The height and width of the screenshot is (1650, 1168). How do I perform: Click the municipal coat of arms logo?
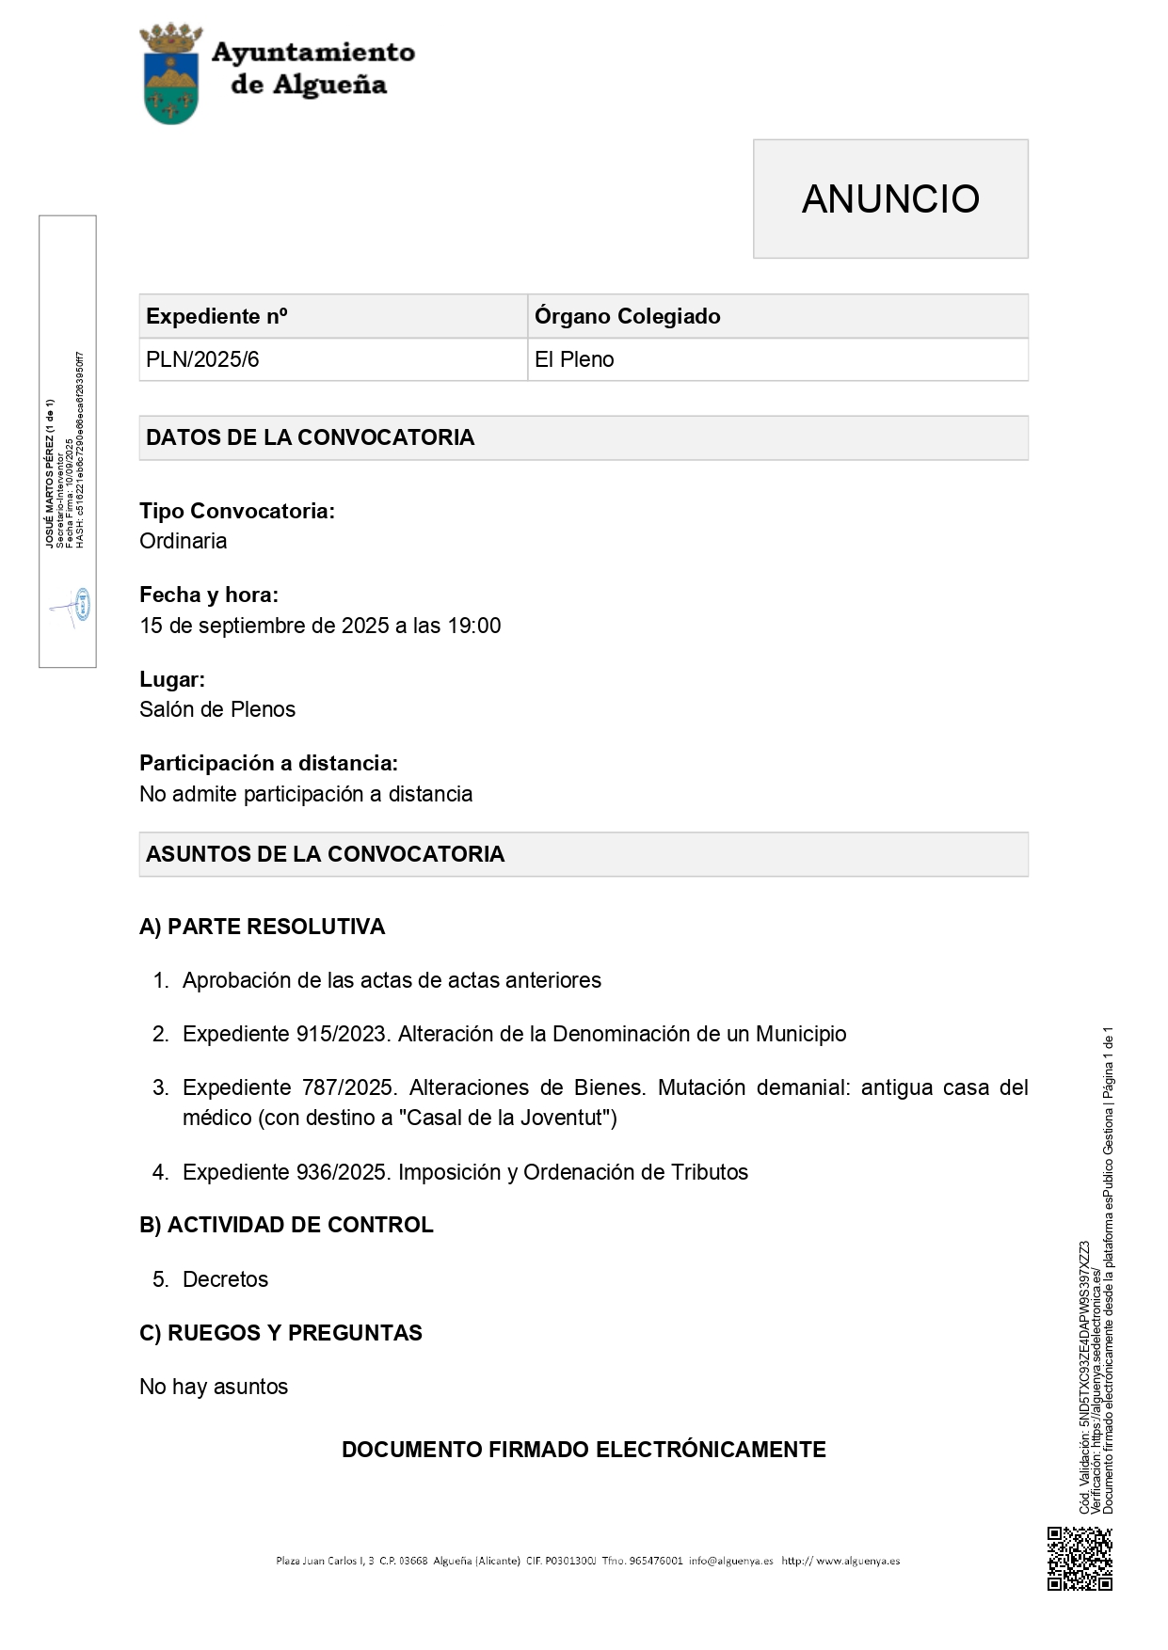170,75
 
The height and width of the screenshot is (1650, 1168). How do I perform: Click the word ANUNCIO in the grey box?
890,198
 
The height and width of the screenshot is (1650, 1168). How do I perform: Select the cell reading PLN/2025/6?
202,359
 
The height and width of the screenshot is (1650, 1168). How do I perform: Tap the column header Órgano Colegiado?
627,316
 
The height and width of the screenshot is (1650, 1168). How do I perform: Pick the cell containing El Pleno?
574,359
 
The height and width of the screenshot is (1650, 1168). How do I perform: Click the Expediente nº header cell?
216,316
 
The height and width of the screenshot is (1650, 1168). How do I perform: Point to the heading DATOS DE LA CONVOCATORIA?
310,437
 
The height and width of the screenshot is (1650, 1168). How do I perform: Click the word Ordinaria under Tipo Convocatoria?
184,541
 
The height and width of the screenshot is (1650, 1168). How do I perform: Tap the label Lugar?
172,679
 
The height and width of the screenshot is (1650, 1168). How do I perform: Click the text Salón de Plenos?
217,709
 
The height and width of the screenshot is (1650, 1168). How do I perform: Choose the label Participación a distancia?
268,763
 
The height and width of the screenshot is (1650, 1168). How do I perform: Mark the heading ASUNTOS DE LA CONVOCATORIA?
325,854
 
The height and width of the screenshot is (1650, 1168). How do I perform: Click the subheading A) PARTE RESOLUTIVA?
262,927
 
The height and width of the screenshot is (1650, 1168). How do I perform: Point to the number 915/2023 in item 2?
342,1034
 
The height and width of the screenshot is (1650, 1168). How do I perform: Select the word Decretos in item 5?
225,1279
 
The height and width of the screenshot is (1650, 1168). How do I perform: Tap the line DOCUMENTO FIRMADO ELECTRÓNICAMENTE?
584,1450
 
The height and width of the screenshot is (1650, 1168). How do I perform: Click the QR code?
1080,1559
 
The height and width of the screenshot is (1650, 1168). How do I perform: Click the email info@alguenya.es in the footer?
730,1561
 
